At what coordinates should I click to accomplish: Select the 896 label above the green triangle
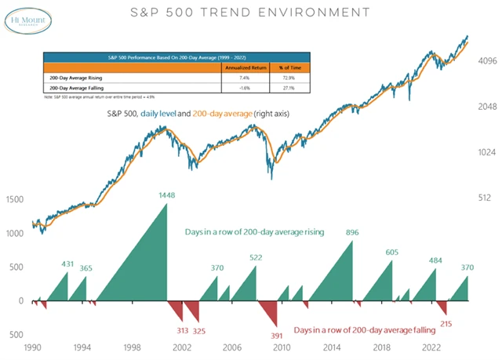tap(352, 233)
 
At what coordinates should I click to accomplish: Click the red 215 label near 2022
tap(446, 323)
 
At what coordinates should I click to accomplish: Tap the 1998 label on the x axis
tap(133, 347)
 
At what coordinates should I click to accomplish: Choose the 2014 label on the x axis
tap(333, 347)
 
